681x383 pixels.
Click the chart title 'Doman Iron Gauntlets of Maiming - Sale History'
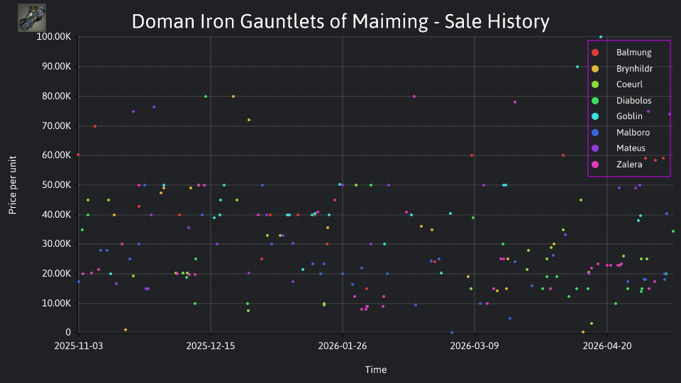[x=340, y=21]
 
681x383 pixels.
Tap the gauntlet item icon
[x=32, y=18]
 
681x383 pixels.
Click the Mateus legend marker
[x=595, y=148]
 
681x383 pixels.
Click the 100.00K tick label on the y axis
[x=53, y=36]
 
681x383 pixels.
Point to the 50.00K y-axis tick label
[x=57, y=185]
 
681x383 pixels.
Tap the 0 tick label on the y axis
[x=68, y=333]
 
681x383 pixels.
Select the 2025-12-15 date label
[x=211, y=346]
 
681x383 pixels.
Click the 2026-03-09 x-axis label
[x=475, y=346]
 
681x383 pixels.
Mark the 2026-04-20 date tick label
[x=607, y=346]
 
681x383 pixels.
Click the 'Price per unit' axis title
[x=13, y=185]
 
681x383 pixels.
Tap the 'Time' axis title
[x=376, y=370]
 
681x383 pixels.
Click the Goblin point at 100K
[x=601, y=37]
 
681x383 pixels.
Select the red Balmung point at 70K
[x=95, y=126]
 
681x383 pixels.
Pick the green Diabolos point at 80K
[x=206, y=96]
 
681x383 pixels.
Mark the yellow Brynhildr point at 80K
[x=233, y=96]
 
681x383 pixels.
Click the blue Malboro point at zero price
[x=452, y=333]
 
